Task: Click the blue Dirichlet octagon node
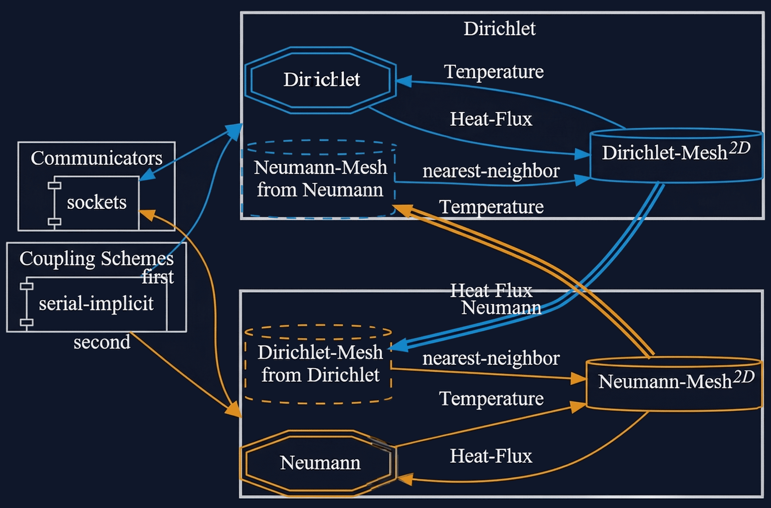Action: point(321,80)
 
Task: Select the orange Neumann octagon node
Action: point(319,463)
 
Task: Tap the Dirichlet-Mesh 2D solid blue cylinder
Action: point(676,155)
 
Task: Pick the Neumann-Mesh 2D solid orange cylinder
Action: point(674,384)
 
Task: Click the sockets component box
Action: point(96,202)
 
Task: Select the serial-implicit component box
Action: point(96,303)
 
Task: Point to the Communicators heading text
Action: point(96,158)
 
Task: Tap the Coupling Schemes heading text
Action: point(96,259)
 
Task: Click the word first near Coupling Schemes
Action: point(158,277)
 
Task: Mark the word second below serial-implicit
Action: point(102,343)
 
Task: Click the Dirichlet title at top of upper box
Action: point(499,28)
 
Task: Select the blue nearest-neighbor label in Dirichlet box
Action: point(491,171)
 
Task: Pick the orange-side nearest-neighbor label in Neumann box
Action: point(491,359)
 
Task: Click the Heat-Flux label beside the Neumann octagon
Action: point(491,456)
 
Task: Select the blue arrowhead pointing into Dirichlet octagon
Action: point(404,81)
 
